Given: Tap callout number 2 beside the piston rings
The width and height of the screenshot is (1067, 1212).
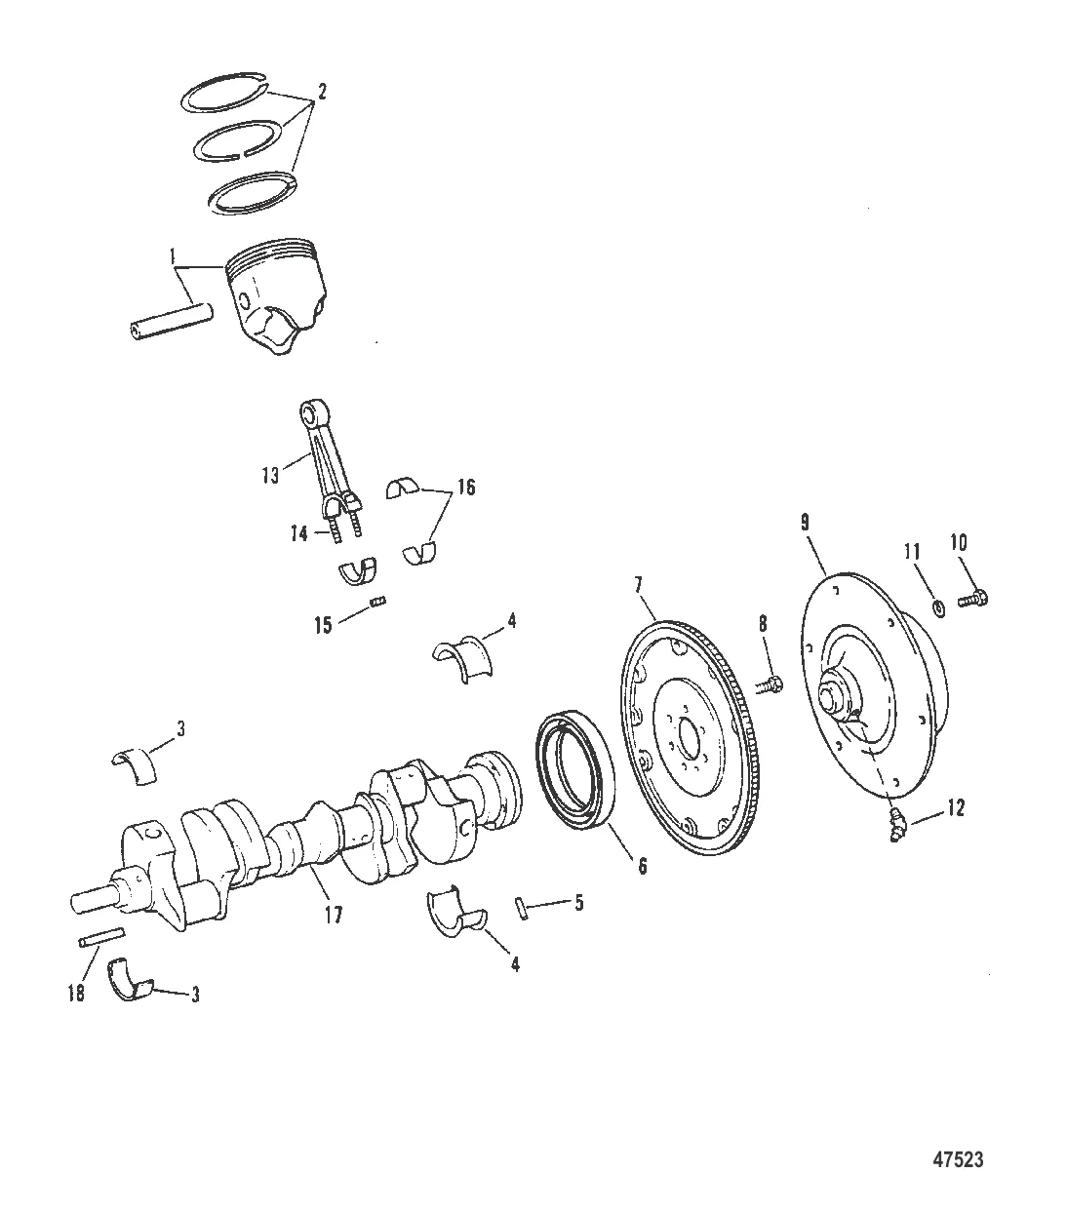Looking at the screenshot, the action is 322,92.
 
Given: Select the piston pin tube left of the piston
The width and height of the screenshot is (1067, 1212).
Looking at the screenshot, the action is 172,323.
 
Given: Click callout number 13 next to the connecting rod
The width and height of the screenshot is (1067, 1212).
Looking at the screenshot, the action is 270,475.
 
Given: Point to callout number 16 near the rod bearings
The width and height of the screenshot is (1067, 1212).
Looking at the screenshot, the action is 466,487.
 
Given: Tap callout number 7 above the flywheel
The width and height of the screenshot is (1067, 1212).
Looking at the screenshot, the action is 639,584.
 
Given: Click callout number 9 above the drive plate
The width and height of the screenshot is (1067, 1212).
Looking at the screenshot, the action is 806,523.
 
